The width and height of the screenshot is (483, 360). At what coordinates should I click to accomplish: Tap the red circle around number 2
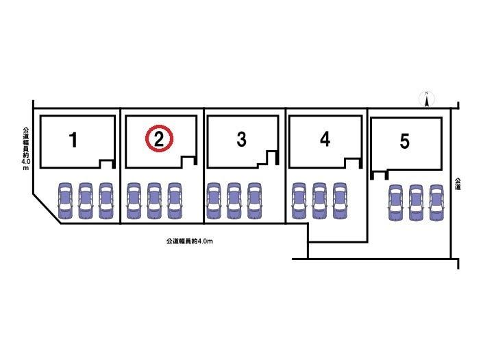159,140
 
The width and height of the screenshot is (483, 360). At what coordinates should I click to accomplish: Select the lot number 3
241,140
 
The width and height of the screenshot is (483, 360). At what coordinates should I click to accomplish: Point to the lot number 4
325,140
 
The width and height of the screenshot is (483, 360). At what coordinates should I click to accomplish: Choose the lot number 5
405,142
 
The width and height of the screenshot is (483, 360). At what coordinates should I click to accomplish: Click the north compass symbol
426,99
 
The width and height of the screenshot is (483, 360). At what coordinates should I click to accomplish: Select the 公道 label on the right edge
456,183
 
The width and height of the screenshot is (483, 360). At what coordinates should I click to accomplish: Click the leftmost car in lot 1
64,200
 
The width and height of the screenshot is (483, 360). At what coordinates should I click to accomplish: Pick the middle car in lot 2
154,200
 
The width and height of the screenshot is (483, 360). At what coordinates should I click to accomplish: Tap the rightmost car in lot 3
255,200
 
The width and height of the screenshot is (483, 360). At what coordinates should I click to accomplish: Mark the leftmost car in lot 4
299,200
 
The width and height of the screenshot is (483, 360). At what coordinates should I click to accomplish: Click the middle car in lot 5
416,203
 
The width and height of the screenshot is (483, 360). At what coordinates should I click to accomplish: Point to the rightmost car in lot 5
436,203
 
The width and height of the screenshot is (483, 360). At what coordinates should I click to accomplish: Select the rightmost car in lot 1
106,200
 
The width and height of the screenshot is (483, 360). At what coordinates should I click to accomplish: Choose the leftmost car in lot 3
213,200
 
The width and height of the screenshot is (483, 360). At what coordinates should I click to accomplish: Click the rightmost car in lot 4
340,200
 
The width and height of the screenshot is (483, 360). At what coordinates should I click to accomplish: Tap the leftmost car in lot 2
134,200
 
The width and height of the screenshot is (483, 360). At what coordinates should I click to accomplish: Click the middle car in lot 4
319,200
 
